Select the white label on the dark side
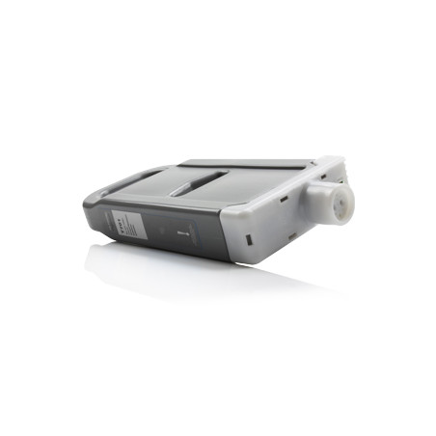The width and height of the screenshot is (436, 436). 126,224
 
